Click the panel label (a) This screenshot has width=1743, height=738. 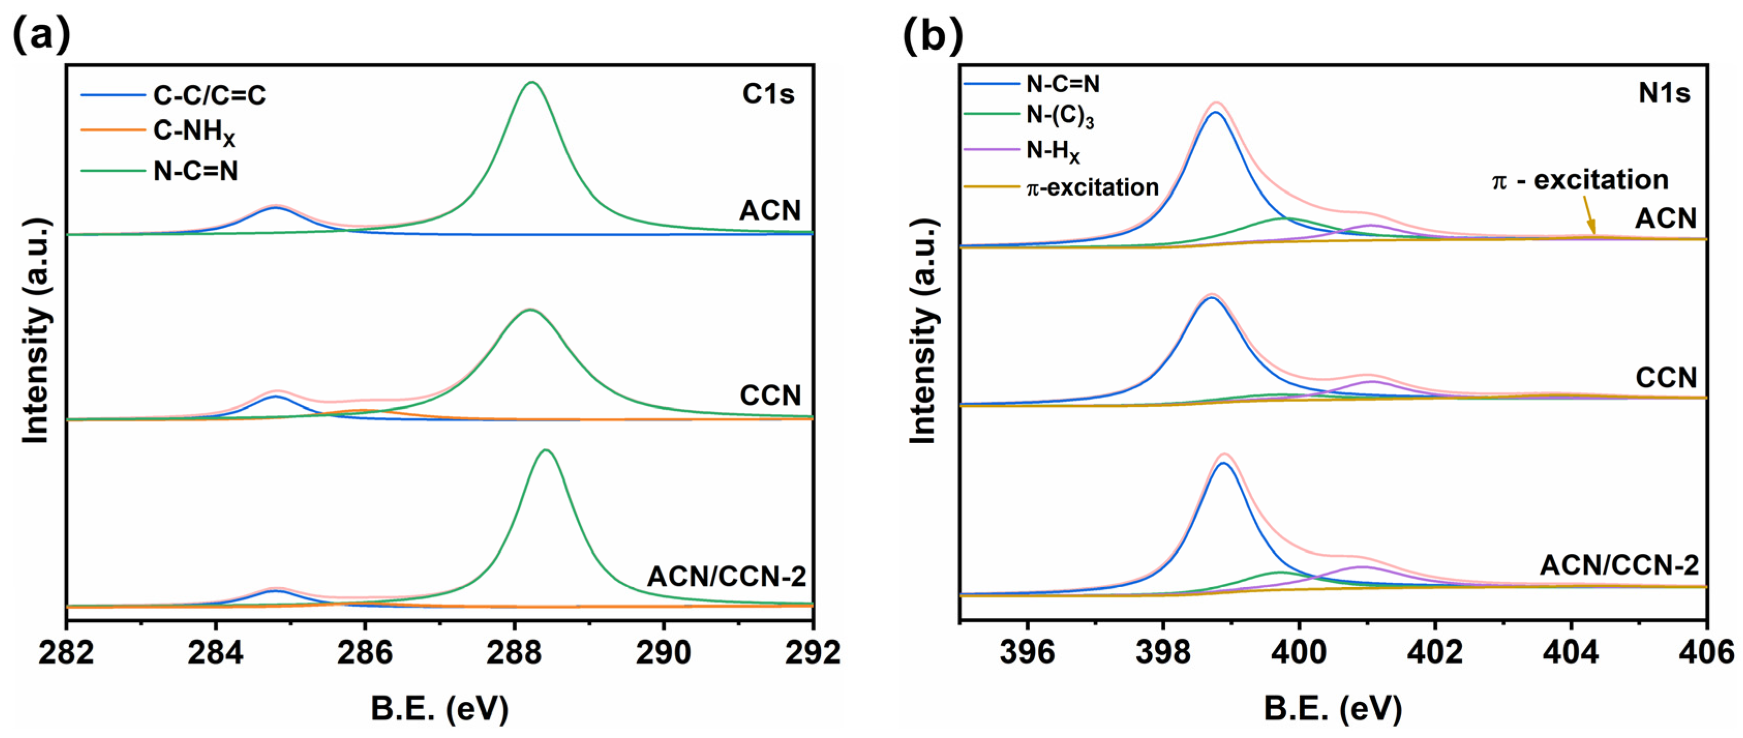[42, 36]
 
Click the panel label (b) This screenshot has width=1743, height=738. [933, 36]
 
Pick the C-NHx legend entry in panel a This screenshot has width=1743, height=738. [193, 132]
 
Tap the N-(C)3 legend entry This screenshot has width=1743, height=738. [1060, 116]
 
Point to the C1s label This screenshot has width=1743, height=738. [768, 94]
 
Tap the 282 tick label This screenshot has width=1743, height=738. [66, 653]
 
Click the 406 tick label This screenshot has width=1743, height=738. [1706, 653]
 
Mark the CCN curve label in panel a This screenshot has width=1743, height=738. [770, 395]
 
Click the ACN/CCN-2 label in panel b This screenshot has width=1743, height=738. [1619, 565]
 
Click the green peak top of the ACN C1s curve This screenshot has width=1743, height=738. [532, 83]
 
